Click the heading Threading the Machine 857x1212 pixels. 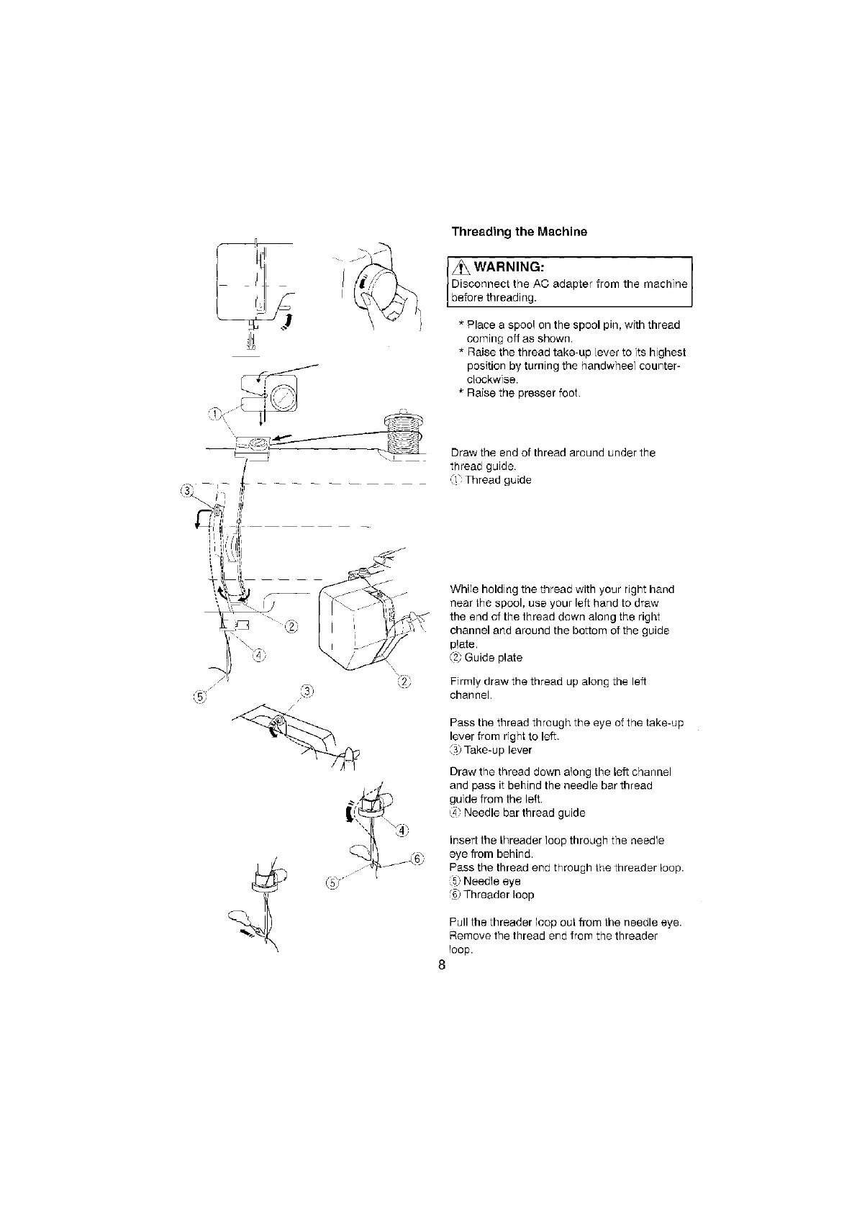tap(519, 232)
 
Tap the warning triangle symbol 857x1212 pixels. tap(458, 268)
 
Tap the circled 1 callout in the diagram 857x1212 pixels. tap(214, 412)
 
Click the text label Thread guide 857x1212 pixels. tap(498, 480)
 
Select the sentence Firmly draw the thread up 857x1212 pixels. tap(548, 688)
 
